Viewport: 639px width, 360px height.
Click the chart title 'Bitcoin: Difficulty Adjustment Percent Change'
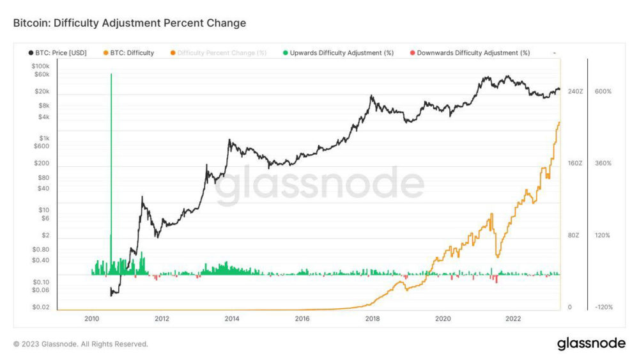point(129,23)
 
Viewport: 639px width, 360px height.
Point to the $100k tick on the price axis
point(40,66)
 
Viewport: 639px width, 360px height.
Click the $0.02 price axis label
point(40,308)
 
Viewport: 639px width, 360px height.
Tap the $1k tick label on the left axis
point(43,138)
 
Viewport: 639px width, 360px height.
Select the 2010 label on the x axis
point(91,318)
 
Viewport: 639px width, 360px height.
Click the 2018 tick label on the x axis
point(373,318)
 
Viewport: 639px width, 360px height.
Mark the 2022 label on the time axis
point(513,318)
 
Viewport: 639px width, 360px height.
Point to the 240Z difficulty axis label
point(575,91)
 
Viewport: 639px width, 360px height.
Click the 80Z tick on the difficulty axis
point(573,235)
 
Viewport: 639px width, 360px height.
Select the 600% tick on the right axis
point(603,91)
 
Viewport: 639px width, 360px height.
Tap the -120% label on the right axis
point(603,308)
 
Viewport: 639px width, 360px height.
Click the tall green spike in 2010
point(111,160)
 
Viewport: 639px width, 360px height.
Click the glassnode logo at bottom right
point(591,343)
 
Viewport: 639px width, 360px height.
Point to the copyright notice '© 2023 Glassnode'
point(81,344)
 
